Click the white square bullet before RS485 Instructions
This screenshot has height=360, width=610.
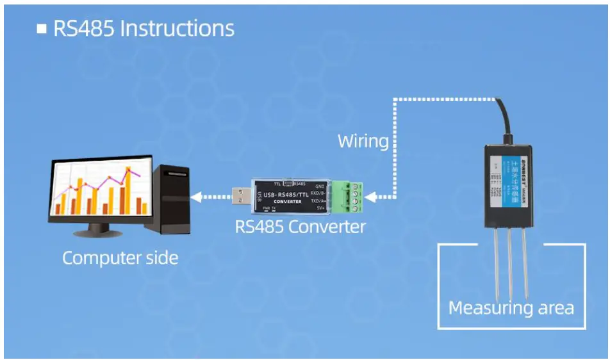[42, 29]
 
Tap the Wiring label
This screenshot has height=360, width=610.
[363, 141]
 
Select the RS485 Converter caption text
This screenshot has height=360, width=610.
[301, 227]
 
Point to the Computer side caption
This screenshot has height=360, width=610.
[120, 258]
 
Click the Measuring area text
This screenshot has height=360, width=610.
[511, 308]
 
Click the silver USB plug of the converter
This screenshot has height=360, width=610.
[240, 195]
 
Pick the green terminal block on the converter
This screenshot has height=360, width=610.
[348, 196]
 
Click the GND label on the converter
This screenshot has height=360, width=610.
[320, 185]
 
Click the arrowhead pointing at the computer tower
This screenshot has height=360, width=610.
[196, 196]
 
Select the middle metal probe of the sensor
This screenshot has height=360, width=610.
[511, 263]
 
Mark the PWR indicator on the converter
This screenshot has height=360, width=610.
[265, 209]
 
